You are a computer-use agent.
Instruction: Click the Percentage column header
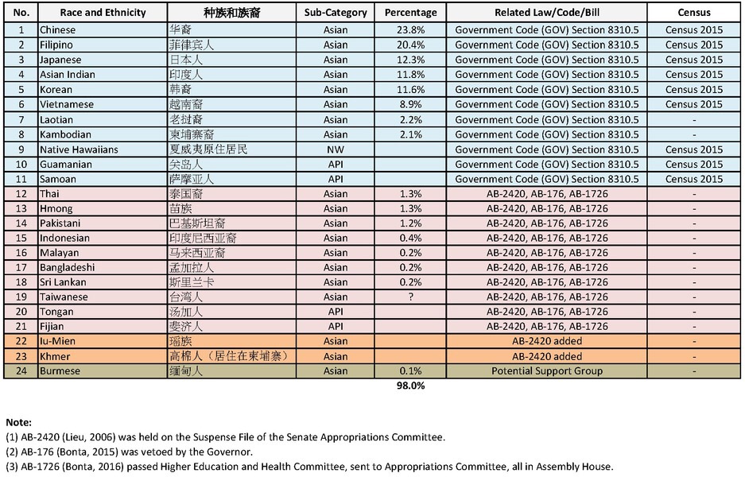tap(410, 13)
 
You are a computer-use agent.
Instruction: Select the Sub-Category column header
tap(336, 13)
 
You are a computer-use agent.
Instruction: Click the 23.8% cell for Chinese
tap(410, 30)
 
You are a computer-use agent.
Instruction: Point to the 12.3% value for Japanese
tap(410, 60)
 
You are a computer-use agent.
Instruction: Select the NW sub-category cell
tap(336, 149)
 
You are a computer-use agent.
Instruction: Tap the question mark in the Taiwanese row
tap(410, 297)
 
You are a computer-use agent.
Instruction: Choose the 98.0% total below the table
tap(410, 386)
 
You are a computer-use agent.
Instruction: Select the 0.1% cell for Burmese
tap(410, 371)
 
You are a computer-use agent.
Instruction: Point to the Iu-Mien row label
tap(57, 342)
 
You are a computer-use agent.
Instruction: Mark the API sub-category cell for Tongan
tap(336, 312)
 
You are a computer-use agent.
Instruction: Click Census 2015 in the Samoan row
tap(695, 179)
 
